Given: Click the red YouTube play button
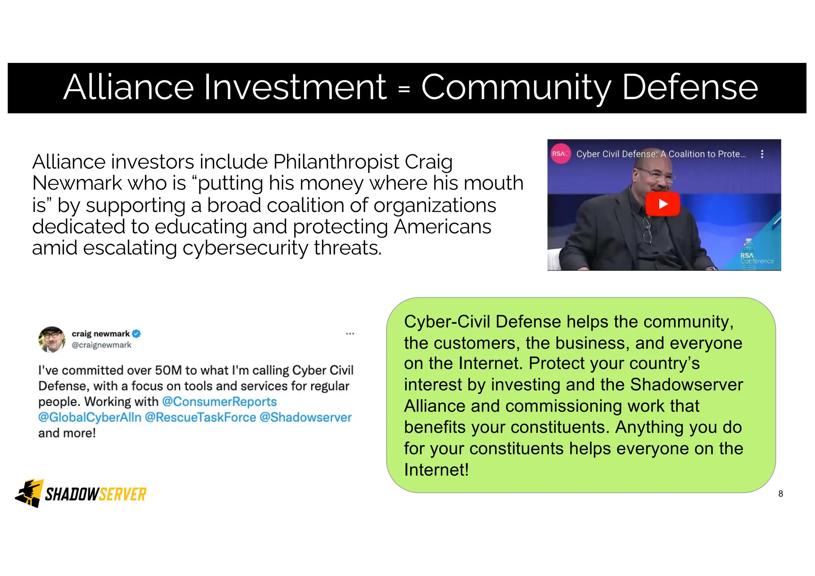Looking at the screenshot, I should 663,204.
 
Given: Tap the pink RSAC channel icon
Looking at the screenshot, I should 560,154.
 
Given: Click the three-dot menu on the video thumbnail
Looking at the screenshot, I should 762,154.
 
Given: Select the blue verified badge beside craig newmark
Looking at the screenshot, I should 136,334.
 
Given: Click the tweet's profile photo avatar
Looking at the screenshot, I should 52,339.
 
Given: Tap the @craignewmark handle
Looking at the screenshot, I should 101,345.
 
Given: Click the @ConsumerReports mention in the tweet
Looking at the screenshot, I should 219,402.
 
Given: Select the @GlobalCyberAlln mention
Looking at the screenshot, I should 90,417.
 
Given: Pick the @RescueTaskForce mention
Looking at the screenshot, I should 200,417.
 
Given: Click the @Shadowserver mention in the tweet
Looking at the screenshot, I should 306,417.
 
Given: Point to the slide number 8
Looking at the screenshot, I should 780,494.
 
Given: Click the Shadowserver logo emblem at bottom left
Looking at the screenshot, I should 29,493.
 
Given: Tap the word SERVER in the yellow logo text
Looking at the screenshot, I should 123,494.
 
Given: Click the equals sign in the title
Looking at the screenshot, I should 404,89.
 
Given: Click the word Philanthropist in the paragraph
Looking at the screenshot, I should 336,162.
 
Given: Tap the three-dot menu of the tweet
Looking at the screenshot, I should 350,334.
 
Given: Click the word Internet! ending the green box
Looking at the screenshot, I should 436,470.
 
